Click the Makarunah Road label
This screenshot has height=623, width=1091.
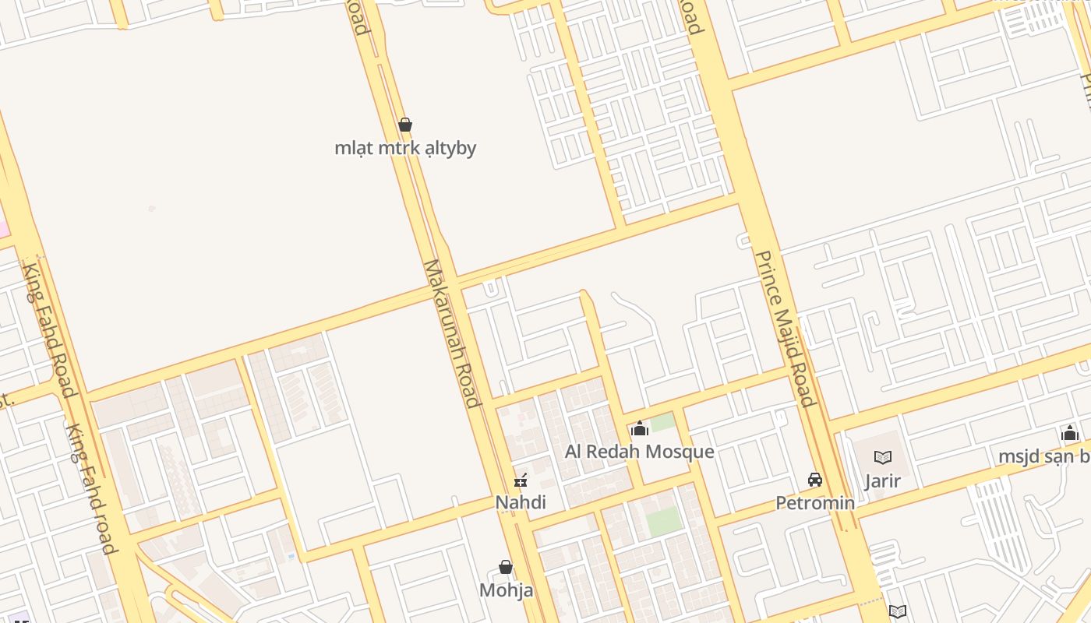pyautogui.click(x=451, y=333)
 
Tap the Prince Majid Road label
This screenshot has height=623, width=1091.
pyautogui.click(x=786, y=328)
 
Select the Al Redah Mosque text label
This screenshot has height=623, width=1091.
pyautogui.click(x=639, y=452)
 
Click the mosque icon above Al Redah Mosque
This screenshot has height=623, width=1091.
pyautogui.click(x=640, y=428)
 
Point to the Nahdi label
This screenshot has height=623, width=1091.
pyautogui.click(x=521, y=502)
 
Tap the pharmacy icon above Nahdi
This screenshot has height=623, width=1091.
pyautogui.click(x=521, y=480)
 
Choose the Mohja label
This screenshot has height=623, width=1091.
pyautogui.click(x=506, y=590)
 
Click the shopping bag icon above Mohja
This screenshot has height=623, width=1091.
pyautogui.click(x=506, y=567)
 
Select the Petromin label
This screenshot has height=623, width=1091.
pyautogui.click(x=815, y=503)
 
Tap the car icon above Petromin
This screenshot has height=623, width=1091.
pyautogui.click(x=815, y=480)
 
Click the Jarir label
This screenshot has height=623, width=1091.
pyautogui.click(x=882, y=481)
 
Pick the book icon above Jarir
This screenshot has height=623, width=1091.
pyautogui.click(x=882, y=458)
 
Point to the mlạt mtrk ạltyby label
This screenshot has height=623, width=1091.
pyautogui.click(x=405, y=148)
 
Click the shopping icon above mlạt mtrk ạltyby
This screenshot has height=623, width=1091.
pyautogui.click(x=405, y=125)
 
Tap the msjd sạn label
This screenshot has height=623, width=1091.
pyautogui.click(x=1044, y=456)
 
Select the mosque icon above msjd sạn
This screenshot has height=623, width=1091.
pyautogui.click(x=1070, y=434)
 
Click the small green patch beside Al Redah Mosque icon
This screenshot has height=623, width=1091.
pyautogui.click(x=663, y=423)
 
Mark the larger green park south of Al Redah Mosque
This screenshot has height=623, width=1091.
pyautogui.click(x=664, y=521)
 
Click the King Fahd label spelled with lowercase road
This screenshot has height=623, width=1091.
pyautogui.click(x=92, y=488)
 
